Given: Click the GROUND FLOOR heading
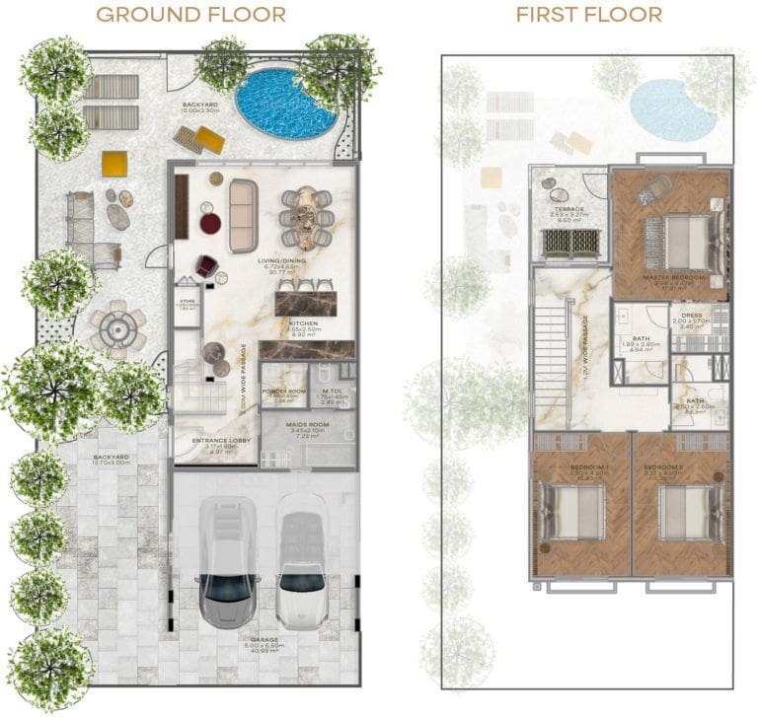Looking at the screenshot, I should (x=192, y=15).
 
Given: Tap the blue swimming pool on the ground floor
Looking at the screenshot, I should (x=285, y=103).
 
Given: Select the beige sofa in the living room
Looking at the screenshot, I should (x=243, y=214).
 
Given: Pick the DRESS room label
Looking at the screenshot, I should (x=691, y=318).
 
